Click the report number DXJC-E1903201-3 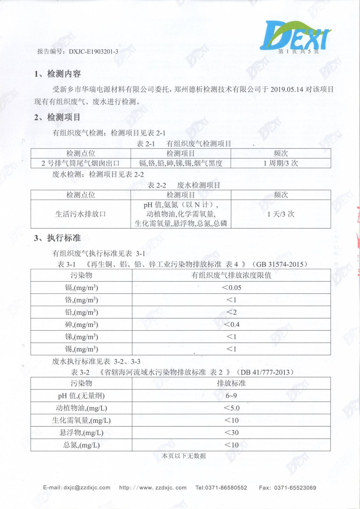click(x=93, y=52)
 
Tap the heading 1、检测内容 click(x=58, y=74)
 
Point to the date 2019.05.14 click(x=286, y=89)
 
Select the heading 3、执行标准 click(x=57, y=238)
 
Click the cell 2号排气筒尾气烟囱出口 click(x=81, y=163)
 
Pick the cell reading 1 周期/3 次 click(x=280, y=163)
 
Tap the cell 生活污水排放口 click(x=81, y=214)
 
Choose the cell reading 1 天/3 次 click(x=280, y=214)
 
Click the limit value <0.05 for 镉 click(x=231, y=288)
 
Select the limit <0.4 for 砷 click(x=231, y=324)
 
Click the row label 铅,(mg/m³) click(x=81, y=312)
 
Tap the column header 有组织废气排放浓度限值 click(x=231, y=275)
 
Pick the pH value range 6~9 click(x=231, y=396)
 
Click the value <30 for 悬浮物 click(x=231, y=433)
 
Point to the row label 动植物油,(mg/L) click(x=81, y=408)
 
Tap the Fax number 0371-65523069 click(x=295, y=488)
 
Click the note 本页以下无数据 click(x=184, y=456)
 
